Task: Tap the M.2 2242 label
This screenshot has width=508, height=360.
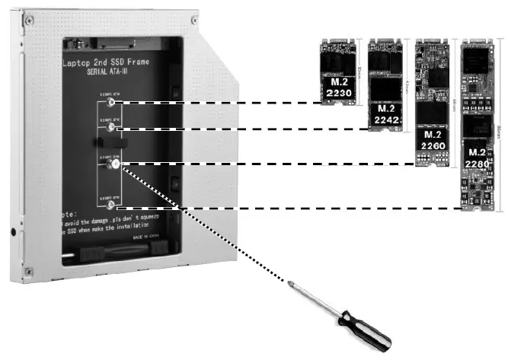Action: pyautogui.click(x=385, y=113)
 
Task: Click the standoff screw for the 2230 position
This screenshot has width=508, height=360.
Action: pyautogui.click(x=113, y=102)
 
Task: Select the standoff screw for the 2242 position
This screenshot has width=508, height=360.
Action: pyautogui.click(x=113, y=128)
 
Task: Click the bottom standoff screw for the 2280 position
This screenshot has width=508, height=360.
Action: pyautogui.click(x=113, y=205)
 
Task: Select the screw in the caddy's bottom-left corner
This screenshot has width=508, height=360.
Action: pyautogui.click(x=28, y=271)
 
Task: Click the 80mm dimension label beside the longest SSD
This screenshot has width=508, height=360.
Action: pyautogui.click(x=503, y=122)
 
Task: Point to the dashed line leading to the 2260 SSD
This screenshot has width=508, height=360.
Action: pyautogui.click(x=267, y=164)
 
